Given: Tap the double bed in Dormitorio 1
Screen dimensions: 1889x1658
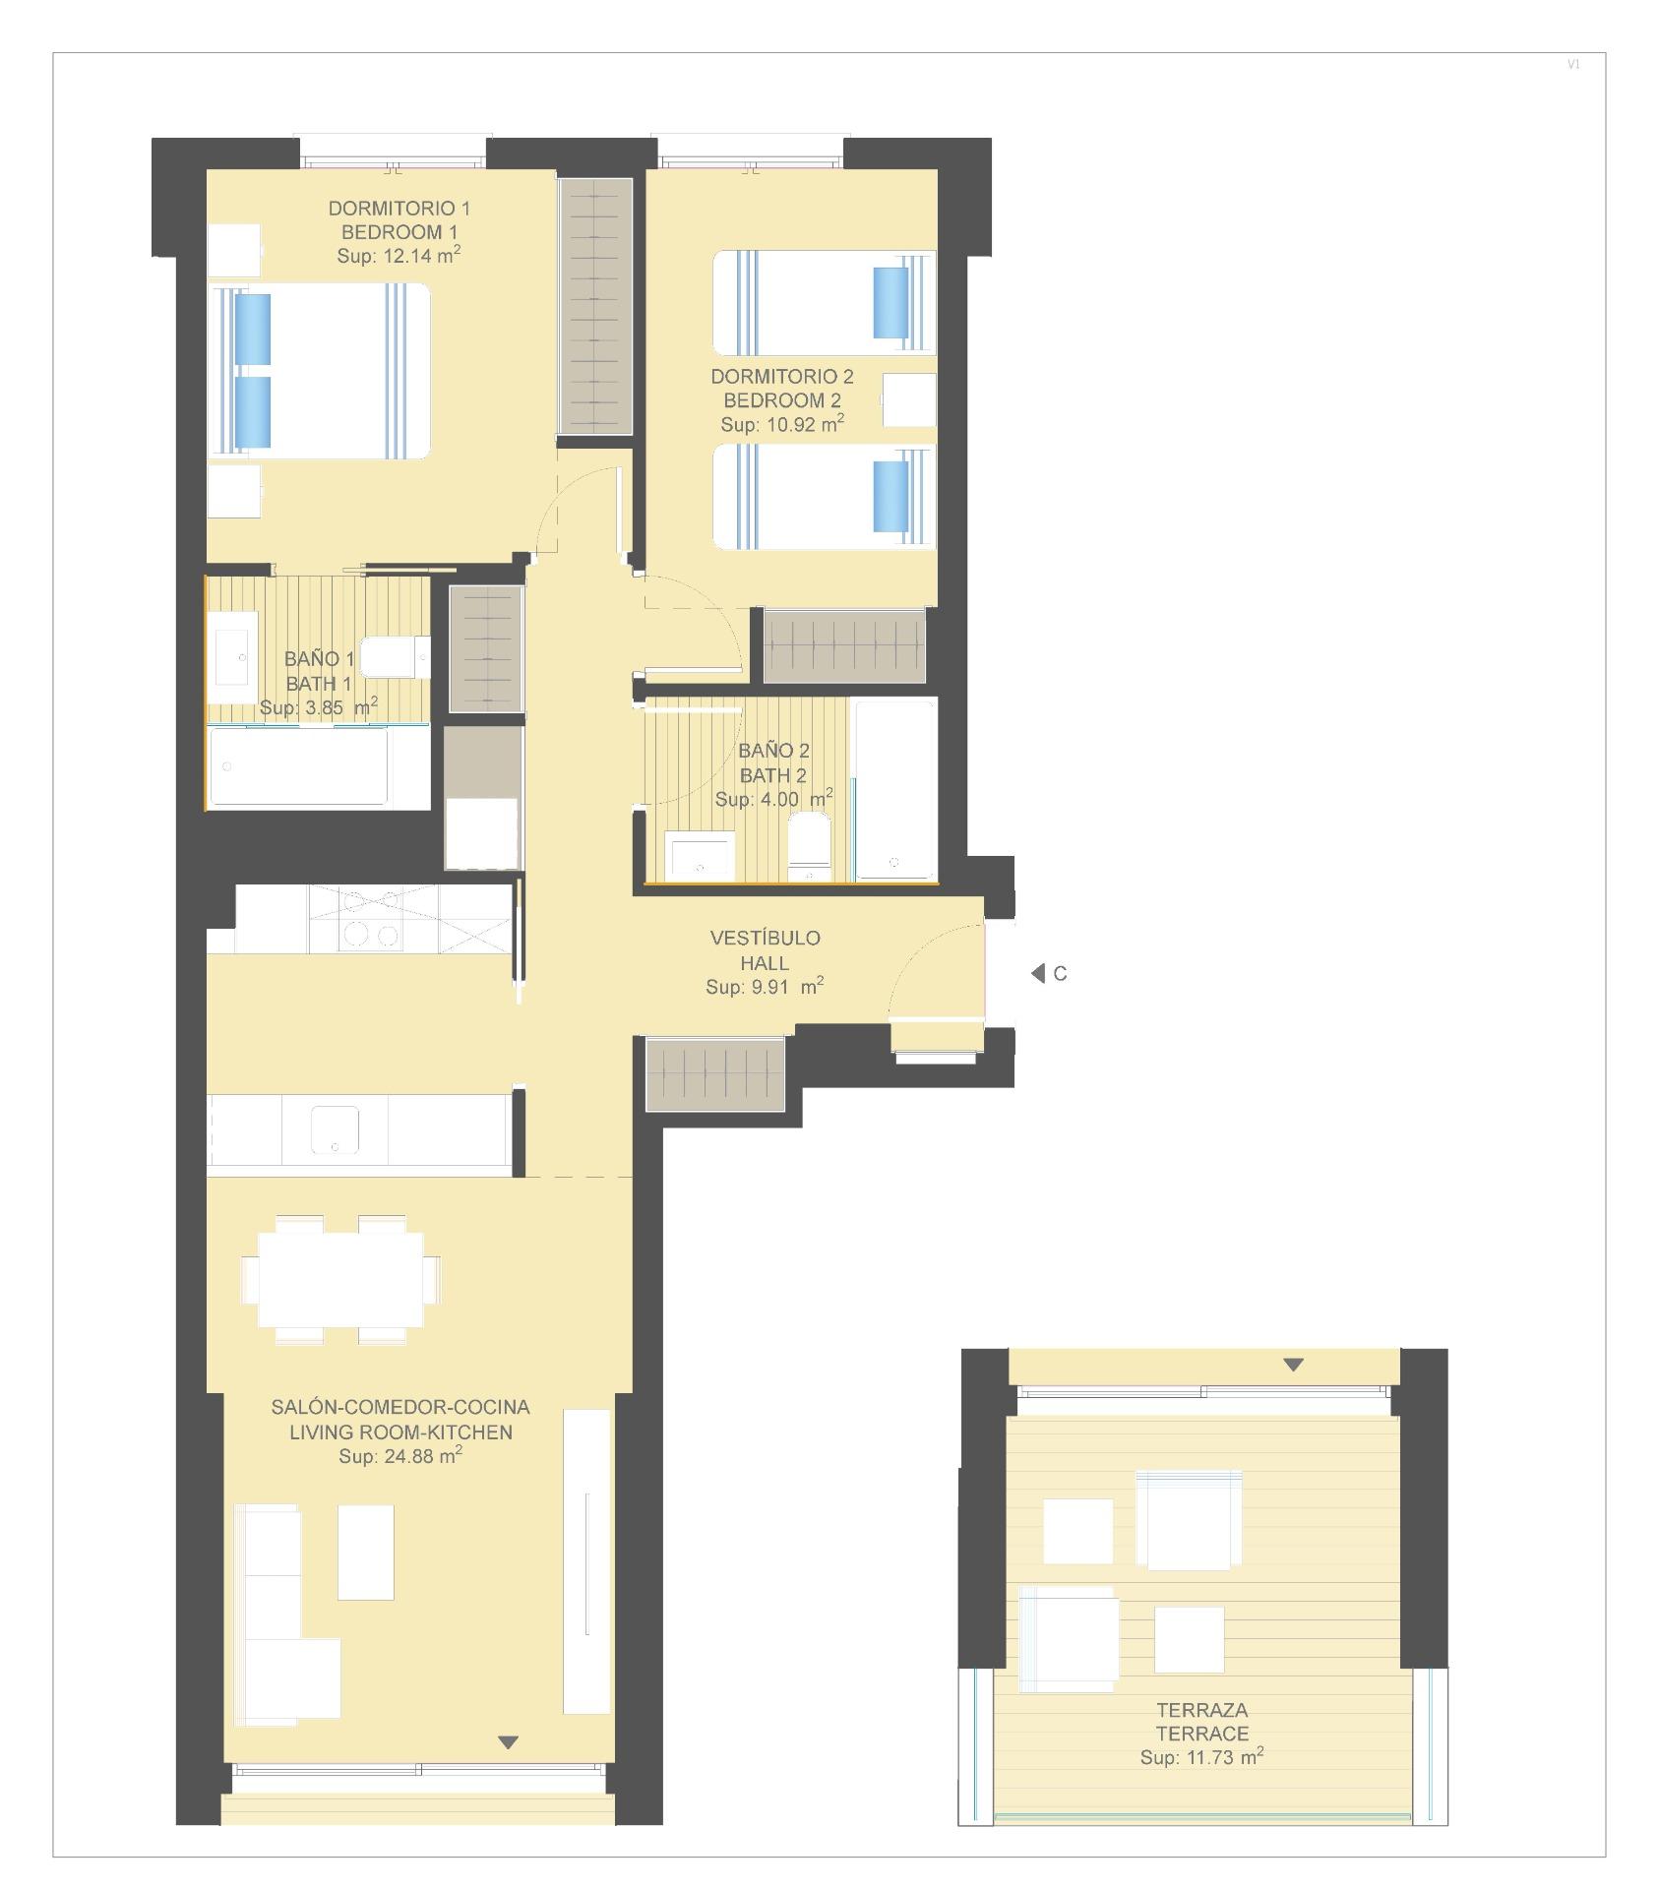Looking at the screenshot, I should [x=320, y=371].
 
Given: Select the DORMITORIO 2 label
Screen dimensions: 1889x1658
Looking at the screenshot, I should [x=782, y=376].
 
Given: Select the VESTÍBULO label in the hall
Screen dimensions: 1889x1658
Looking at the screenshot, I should [x=765, y=938].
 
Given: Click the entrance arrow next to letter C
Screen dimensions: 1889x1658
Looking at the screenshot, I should [x=1037, y=973].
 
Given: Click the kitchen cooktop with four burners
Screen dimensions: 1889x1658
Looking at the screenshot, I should [x=370, y=919].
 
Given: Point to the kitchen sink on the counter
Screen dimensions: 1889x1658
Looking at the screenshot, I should [x=335, y=1128].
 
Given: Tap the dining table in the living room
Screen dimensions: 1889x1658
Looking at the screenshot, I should [x=340, y=1279].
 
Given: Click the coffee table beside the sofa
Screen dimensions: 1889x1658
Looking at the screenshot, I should [x=366, y=1552].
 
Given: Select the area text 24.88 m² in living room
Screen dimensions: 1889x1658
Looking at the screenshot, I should [x=400, y=1457].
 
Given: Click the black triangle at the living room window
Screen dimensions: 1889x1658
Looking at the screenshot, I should [x=508, y=1742].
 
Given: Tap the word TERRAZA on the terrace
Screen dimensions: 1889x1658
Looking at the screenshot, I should [x=1201, y=1710].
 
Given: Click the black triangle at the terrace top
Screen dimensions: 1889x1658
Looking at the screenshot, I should [x=1293, y=1365].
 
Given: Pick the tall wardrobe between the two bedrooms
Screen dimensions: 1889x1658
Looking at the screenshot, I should [x=595, y=306].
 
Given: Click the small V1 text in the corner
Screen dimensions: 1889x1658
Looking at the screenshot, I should [x=1573, y=65].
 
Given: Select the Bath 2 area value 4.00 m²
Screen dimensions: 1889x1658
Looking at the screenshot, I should [x=773, y=800].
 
